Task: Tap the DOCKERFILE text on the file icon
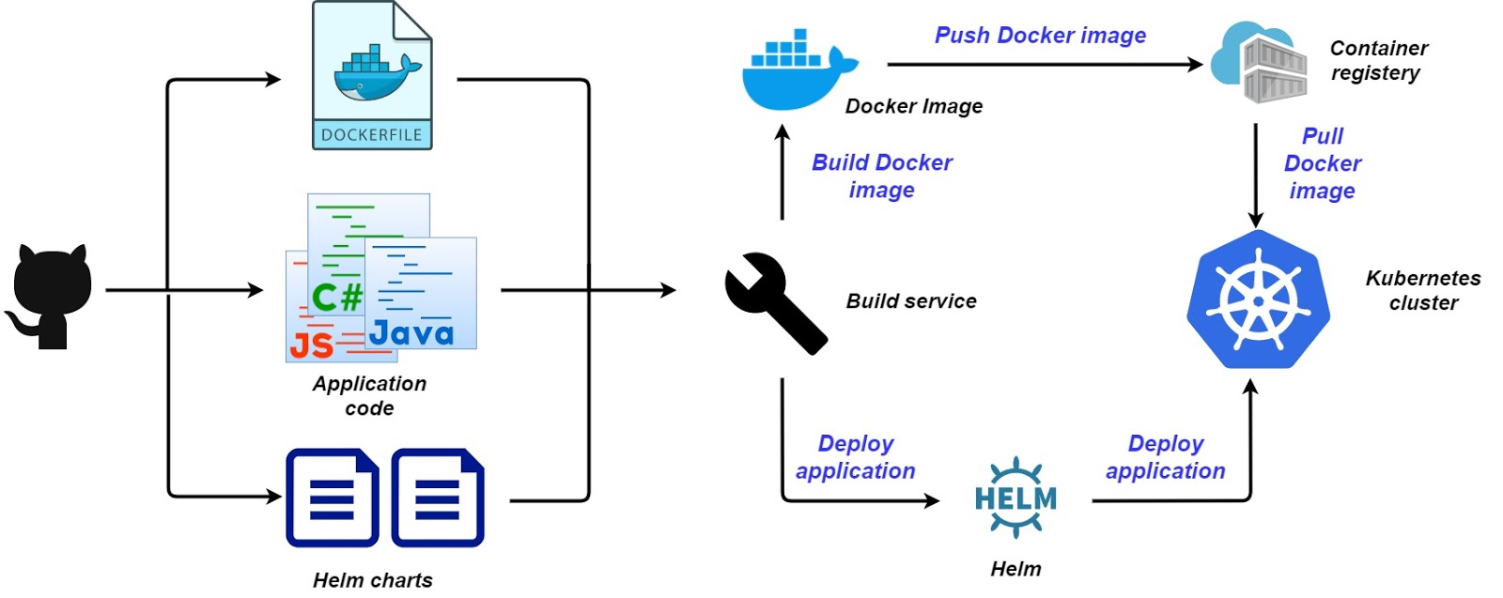[x=372, y=134]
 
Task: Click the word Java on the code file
[x=411, y=332]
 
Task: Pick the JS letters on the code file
[x=312, y=345]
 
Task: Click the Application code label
[x=369, y=395]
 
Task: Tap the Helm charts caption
[x=372, y=580]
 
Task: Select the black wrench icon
[x=774, y=302]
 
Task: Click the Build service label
[x=911, y=301]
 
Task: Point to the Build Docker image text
[x=881, y=176]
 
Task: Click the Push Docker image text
[x=1040, y=36]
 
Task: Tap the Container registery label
[x=1377, y=60]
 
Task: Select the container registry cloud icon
[x=1260, y=63]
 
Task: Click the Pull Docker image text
[x=1322, y=163]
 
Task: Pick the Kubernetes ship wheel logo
[x=1258, y=299]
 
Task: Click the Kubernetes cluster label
[x=1422, y=290]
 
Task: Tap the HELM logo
[x=1015, y=498]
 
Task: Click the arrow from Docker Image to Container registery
[x=1043, y=65]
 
